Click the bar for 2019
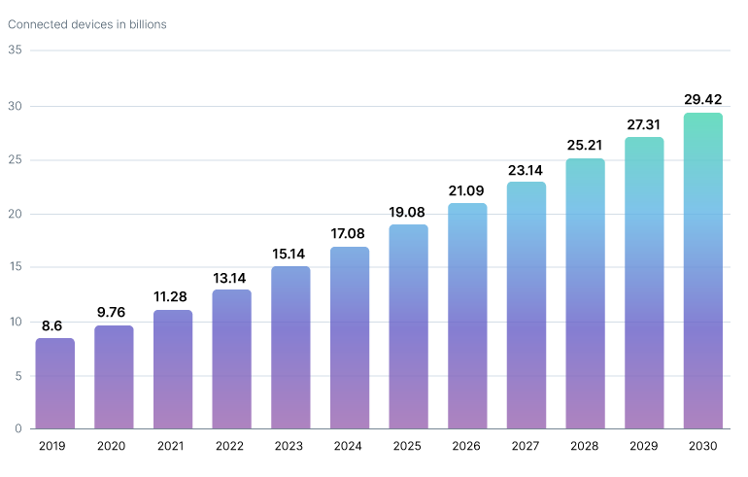(55, 384)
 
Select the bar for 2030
(702, 271)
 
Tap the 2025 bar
(408, 326)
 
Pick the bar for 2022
(231, 359)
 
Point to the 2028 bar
(585, 293)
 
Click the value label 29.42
(702, 99)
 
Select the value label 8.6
(55, 324)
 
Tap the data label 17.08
(350, 233)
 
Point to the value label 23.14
(526, 169)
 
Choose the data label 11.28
(173, 296)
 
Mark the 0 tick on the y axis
(18, 428)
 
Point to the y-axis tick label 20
(15, 214)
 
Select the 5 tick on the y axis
(18, 375)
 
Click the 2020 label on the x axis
(114, 446)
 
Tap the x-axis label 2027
(526, 446)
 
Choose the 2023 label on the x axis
(290, 446)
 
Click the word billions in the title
(144, 24)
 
